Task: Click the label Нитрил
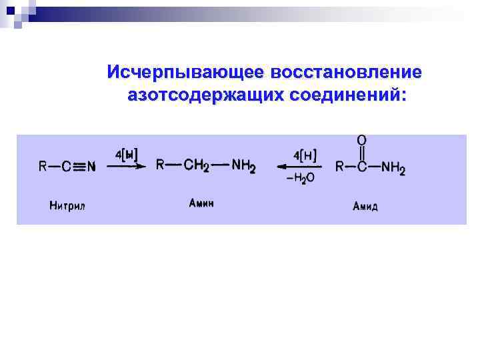click(x=67, y=205)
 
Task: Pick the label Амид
click(x=365, y=206)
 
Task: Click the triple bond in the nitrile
click(x=78, y=167)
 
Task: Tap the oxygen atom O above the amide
click(x=362, y=141)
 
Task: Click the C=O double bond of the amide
click(x=362, y=154)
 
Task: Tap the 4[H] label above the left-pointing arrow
click(x=303, y=155)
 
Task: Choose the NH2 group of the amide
click(x=392, y=167)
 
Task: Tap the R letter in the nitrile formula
click(x=43, y=167)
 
